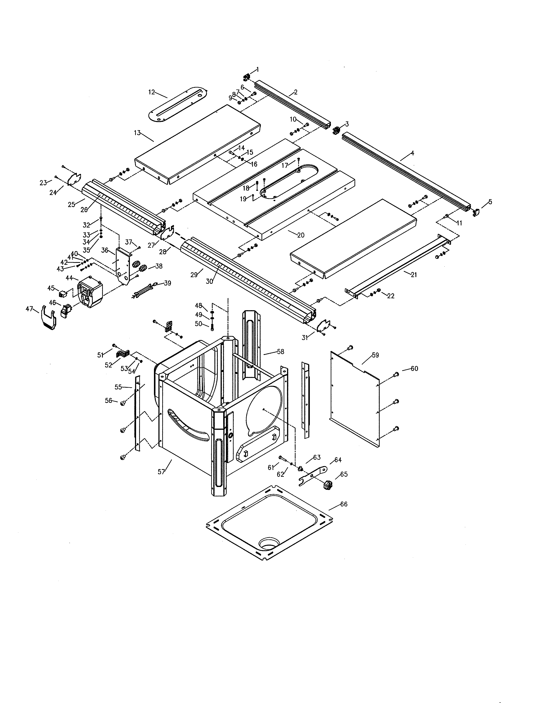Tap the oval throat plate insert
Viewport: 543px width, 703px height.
coord(177,104)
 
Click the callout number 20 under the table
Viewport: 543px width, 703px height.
coord(301,235)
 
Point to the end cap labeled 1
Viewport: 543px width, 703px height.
coord(246,77)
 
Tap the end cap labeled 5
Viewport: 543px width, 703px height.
coord(476,212)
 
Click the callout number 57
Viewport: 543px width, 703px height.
coord(161,472)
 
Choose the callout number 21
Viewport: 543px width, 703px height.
coord(414,275)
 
